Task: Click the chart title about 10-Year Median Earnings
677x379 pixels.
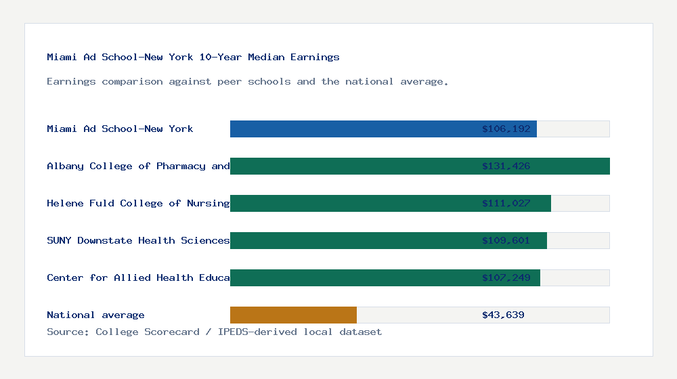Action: click(x=193, y=57)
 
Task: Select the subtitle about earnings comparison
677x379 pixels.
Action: click(x=247, y=81)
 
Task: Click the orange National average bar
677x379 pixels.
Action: click(x=293, y=315)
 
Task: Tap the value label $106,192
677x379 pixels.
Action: click(x=506, y=129)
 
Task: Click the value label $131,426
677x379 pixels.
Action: click(x=506, y=166)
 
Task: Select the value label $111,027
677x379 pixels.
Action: click(x=506, y=203)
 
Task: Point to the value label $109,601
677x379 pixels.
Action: click(x=506, y=240)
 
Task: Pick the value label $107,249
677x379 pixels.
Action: click(x=506, y=277)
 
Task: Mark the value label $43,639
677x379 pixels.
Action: click(x=503, y=315)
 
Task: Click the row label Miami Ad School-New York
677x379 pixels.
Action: click(x=120, y=129)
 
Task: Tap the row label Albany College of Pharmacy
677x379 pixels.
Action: click(x=138, y=166)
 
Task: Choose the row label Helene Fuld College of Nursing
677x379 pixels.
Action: click(x=138, y=203)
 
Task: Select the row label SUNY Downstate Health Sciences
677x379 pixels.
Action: click(x=138, y=240)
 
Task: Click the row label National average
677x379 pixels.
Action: click(x=95, y=315)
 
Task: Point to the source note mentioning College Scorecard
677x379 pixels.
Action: click(x=214, y=332)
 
